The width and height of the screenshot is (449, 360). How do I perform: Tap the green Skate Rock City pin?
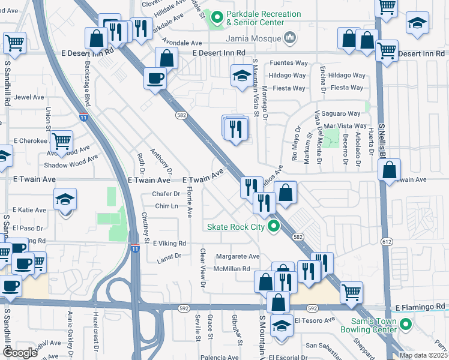(274, 227)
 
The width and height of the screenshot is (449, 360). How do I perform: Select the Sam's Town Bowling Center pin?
(405, 325)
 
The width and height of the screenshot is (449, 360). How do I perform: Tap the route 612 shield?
(388, 241)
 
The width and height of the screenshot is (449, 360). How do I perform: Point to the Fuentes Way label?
(289, 62)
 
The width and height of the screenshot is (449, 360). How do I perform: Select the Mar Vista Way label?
(346, 125)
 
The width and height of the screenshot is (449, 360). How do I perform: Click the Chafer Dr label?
(166, 194)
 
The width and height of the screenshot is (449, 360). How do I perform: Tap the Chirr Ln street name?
(167, 206)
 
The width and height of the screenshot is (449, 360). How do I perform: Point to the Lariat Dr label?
(169, 256)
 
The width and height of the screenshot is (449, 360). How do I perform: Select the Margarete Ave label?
(237, 256)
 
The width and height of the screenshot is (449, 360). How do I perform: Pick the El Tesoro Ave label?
(314, 320)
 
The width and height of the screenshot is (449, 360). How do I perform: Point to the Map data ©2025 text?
(423, 355)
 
